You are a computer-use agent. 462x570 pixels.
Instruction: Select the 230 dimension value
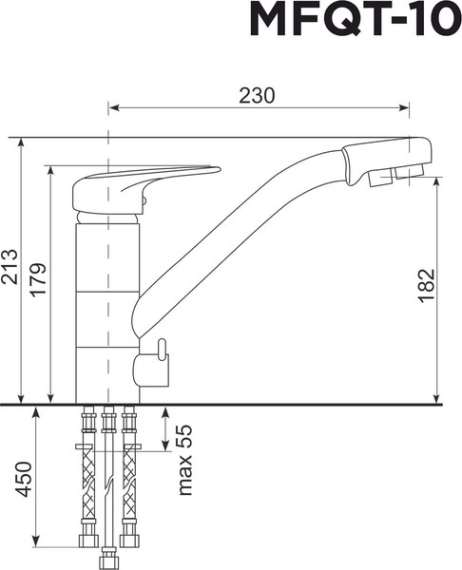(x=257, y=95)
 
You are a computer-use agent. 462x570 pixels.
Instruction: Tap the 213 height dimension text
(x=10, y=269)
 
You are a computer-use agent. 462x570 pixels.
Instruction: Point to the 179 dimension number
(x=38, y=280)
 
